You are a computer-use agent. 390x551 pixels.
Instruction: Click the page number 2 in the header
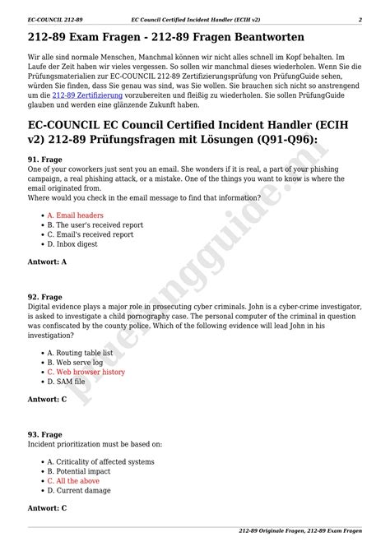click(360, 17)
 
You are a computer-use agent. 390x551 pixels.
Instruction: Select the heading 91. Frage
click(44, 158)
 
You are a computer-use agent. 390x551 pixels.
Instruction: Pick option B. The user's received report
click(95, 225)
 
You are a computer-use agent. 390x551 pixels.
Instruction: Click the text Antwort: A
click(47, 262)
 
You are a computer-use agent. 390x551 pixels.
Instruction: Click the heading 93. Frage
click(44, 433)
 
